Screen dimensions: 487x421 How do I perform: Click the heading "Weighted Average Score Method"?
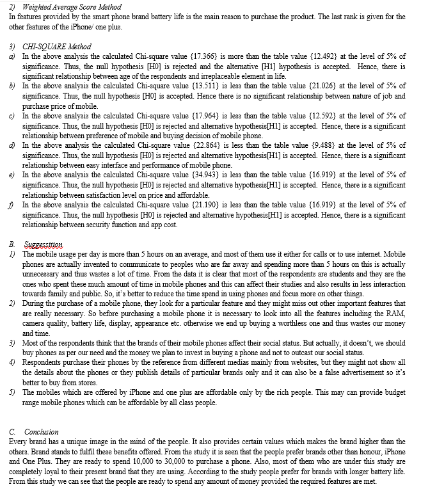(72, 7)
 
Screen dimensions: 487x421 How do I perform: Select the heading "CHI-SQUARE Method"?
(57, 47)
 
